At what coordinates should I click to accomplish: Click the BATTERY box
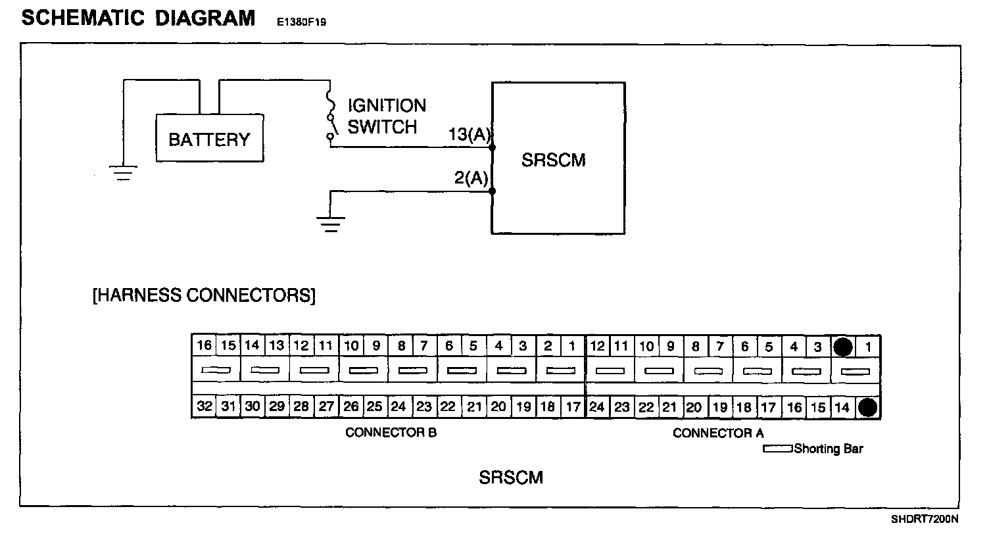pos(209,139)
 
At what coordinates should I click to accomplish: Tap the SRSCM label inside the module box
pos(553,160)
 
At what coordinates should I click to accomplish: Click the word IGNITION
pos(387,106)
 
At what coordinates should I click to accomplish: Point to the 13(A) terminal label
pos(470,135)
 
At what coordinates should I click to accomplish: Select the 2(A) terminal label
pos(471,178)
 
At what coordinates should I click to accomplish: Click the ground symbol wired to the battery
pos(123,172)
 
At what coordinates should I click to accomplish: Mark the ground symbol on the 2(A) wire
pos(331,225)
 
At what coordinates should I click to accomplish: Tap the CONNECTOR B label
pos(391,433)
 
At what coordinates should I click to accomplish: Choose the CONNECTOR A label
pos(718,433)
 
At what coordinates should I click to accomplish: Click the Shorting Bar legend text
pos(828,449)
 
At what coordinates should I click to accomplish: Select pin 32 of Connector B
pos(205,406)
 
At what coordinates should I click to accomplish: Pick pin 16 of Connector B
pos(205,346)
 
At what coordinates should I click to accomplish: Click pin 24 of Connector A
pos(597,407)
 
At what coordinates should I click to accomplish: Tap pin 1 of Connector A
pos(868,347)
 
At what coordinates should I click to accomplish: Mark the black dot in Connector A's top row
pos(843,347)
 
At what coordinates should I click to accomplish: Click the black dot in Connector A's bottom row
pos(868,408)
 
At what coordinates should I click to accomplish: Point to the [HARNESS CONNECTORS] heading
pos(204,295)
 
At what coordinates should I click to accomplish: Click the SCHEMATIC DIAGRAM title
pos(138,18)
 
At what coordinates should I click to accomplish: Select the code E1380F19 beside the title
pos(302,22)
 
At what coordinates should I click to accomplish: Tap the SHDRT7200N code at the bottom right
pos(925,519)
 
